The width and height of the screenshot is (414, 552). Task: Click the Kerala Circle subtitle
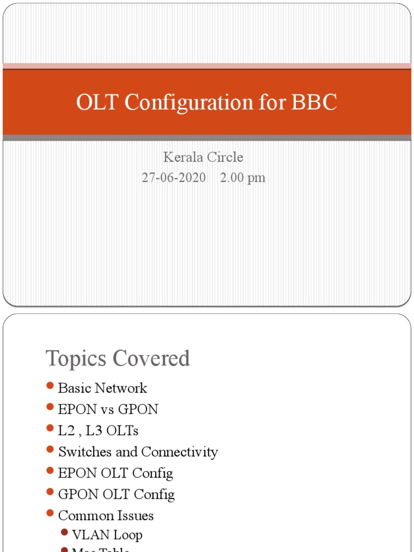203,157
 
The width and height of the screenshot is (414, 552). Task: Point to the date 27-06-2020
174,177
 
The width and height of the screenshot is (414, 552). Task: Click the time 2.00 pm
243,177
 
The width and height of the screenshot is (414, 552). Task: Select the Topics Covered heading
118,358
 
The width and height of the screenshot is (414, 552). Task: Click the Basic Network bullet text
102,388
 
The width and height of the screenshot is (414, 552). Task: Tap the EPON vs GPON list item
108,409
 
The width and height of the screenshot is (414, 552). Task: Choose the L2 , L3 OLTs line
98,431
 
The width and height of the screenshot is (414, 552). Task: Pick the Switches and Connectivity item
138,452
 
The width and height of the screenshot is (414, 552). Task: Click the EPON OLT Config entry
115,473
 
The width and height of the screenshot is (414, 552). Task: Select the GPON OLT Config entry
116,494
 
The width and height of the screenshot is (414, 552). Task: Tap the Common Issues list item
106,516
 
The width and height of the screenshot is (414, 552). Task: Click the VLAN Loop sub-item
107,535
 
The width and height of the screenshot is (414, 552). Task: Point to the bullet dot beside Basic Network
50,386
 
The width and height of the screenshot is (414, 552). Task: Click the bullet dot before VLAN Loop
65,533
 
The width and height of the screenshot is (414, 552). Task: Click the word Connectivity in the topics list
180,452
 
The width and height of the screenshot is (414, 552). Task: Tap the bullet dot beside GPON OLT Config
50,492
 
